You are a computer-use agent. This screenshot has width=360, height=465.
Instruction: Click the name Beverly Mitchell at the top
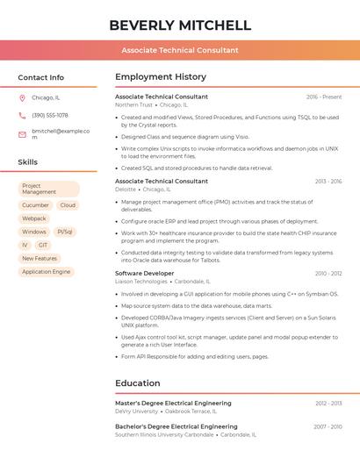(x=180, y=25)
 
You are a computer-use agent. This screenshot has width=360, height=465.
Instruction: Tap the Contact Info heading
(x=40, y=77)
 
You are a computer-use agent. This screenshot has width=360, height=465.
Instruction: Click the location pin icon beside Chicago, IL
(x=22, y=97)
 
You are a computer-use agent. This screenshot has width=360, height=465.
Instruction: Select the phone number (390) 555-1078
(x=50, y=115)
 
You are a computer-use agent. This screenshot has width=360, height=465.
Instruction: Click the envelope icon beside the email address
(x=22, y=134)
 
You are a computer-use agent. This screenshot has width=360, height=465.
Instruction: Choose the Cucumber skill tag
(x=35, y=205)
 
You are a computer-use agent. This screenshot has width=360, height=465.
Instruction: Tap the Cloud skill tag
(x=68, y=205)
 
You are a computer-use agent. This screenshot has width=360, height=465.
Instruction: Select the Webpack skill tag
(x=34, y=218)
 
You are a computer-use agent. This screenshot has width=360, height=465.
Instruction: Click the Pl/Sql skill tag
(x=65, y=232)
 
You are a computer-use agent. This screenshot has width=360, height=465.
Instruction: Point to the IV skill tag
(x=25, y=245)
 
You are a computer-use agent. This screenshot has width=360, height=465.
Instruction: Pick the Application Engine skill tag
(x=47, y=272)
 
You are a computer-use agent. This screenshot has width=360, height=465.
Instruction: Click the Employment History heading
(x=161, y=77)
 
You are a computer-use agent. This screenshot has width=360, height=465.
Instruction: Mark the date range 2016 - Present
(x=324, y=97)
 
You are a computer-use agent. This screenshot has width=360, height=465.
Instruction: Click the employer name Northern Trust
(x=133, y=104)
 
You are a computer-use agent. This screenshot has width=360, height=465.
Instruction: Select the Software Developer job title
(x=145, y=274)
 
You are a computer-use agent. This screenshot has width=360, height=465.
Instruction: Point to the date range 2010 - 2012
(x=328, y=274)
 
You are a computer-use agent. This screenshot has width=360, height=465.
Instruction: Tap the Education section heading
(x=138, y=383)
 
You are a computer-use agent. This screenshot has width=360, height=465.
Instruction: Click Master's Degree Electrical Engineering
(x=173, y=403)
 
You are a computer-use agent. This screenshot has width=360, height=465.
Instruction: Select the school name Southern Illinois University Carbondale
(x=164, y=434)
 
